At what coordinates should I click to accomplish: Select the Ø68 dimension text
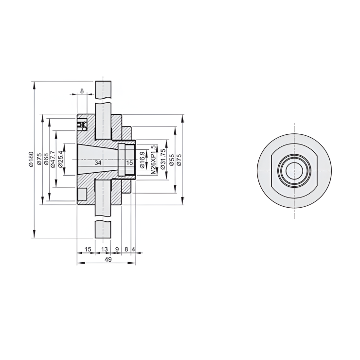[x=47, y=160]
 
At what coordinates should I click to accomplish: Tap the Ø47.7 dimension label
[x=54, y=160]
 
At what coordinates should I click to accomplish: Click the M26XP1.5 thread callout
[x=154, y=160]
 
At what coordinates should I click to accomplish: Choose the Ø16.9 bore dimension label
[x=142, y=160]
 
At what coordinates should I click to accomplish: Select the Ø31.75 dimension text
[x=163, y=160]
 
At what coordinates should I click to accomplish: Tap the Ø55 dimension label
[x=171, y=160]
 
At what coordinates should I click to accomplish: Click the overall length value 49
[x=108, y=260]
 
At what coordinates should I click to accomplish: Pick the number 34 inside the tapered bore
[x=98, y=162]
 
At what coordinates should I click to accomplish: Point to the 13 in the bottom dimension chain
[x=104, y=249]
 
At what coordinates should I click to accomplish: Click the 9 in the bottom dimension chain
[x=117, y=249]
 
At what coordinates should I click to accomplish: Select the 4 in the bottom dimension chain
[x=133, y=249]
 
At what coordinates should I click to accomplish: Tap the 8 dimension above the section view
[x=82, y=91]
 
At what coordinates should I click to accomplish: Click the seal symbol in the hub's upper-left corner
[x=82, y=125]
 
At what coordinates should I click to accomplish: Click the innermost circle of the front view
[x=294, y=171]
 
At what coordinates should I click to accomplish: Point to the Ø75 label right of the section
[x=179, y=160]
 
